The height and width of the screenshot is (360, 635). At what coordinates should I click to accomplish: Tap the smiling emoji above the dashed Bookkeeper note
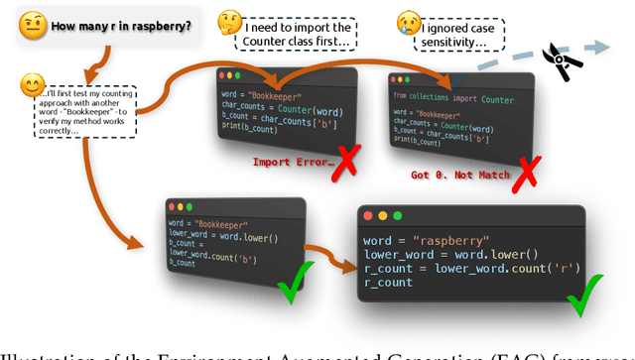(x=33, y=85)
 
